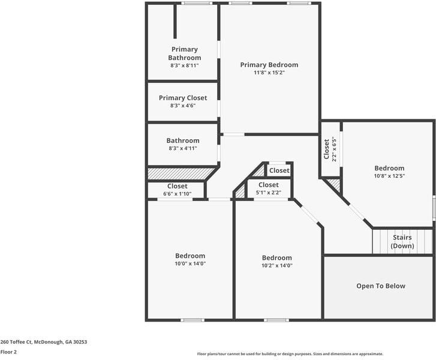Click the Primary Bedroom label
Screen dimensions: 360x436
point(269,65)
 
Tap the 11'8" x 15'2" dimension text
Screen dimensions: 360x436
point(269,73)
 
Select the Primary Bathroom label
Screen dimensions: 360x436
point(184,53)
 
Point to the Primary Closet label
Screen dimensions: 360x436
point(183,98)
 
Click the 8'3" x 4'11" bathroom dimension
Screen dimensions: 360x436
point(183,148)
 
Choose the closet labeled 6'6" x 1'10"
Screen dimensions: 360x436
point(177,190)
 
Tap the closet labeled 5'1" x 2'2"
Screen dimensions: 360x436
point(268,188)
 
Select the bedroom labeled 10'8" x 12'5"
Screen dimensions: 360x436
point(389,172)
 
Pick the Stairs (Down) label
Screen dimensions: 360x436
point(402,242)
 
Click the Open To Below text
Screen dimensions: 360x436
point(381,286)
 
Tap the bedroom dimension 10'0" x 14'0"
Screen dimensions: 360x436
point(190,264)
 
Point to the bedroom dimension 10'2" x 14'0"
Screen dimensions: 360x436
point(276,266)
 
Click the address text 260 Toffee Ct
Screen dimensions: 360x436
point(44,342)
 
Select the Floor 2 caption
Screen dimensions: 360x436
point(8,352)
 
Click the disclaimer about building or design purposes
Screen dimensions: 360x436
point(290,354)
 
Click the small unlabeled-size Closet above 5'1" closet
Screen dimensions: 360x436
point(279,170)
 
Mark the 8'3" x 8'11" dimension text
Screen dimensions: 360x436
point(184,65)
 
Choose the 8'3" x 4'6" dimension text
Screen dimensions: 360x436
point(183,106)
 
